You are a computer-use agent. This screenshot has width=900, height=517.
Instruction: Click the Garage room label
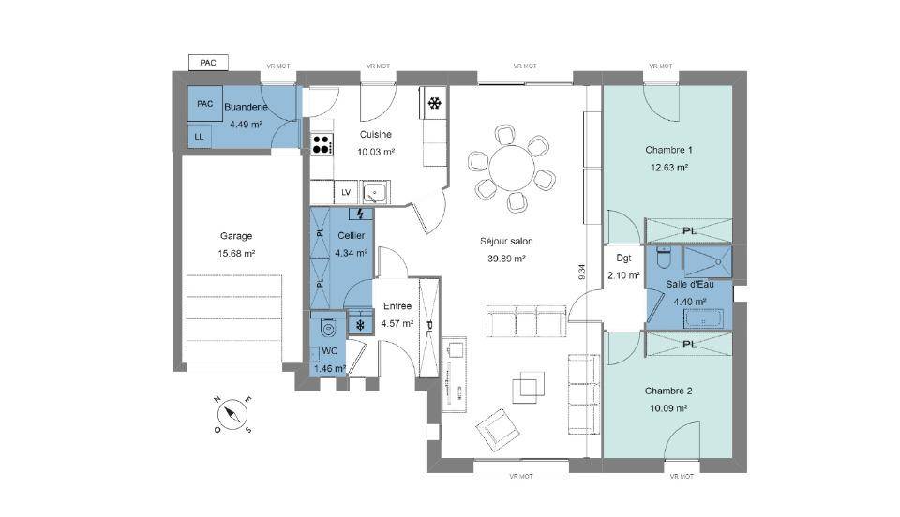pyautogui.click(x=236, y=236)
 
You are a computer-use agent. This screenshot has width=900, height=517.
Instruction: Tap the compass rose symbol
pyautogui.click(x=232, y=413)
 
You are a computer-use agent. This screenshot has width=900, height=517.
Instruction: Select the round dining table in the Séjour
pyautogui.click(x=512, y=166)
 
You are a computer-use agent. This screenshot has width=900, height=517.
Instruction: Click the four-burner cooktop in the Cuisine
pyautogui.click(x=322, y=144)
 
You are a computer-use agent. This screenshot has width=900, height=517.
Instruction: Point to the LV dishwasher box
pyautogui.click(x=346, y=192)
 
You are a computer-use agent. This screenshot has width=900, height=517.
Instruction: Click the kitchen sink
pyautogui.click(x=375, y=192)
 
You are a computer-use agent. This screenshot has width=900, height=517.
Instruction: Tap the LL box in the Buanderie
pyautogui.click(x=199, y=137)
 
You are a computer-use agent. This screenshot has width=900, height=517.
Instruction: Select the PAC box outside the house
pyautogui.click(x=208, y=63)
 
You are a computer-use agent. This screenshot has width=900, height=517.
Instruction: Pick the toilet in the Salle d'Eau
pyautogui.click(x=664, y=258)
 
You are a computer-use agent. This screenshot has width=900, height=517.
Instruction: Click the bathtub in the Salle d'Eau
pyautogui.click(x=703, y=318)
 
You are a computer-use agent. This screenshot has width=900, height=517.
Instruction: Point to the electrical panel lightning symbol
pyautogui.click(x=360, y=214)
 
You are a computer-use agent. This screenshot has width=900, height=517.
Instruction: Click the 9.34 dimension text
pyautogui.click(x=582, y=272)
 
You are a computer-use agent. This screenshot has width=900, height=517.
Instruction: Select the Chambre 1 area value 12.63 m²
pyautogui.click(x=669, y=168)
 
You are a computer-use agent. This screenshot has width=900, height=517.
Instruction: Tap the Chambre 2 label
pyautogui.click(x=668, y=391)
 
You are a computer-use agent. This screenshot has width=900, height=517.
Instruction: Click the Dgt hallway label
pyautogui.click(x=623, y=258)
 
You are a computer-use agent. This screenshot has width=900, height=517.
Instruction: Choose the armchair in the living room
pyautogui.click(x=497, y=429)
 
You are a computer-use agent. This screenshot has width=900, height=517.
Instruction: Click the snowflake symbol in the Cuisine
pyautogui.click(x=434, y=104)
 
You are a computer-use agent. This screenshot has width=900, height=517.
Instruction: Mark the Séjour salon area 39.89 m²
pyautogui.click(x=507, y=258)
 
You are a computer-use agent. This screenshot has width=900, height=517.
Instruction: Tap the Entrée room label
pyautogui.click(x=397, y=306)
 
